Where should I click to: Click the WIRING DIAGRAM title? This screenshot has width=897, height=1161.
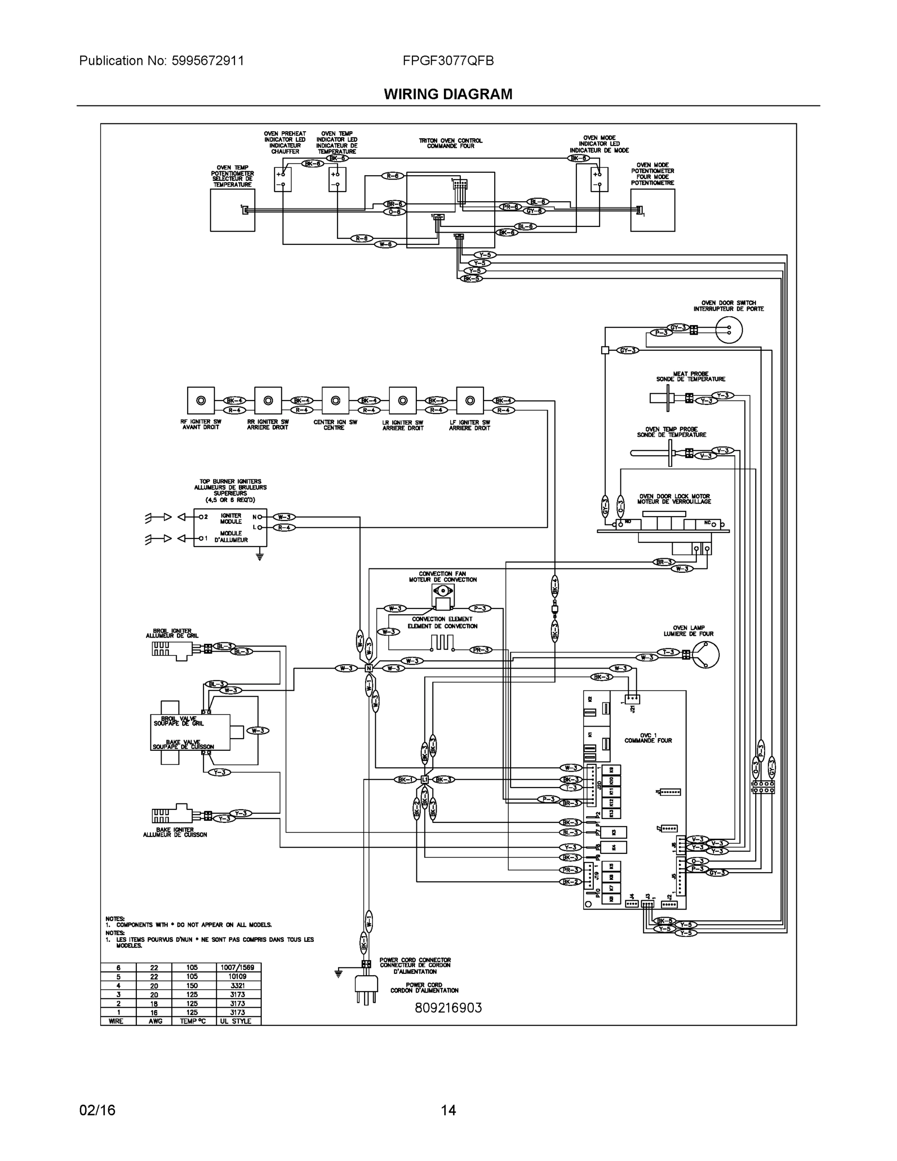(x=448, y=94)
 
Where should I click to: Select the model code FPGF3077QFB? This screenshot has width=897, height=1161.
(x=448, y=60)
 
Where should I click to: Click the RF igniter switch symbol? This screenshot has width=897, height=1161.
(x=201, y=400)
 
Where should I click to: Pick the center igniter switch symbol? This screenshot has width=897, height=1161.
(x=335, y=400)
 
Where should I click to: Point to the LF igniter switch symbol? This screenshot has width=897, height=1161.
(x=470, y=400)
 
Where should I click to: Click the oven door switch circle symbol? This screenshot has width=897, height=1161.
(x=729, y=330)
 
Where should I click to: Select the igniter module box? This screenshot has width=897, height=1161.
(x=230, y=527)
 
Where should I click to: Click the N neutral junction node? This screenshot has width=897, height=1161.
(x=368, y=668)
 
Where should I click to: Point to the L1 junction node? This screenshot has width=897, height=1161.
(x=425, y=779)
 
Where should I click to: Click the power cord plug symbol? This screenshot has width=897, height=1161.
(x=366, y=988)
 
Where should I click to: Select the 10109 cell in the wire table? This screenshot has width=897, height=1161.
(x=237, y=977)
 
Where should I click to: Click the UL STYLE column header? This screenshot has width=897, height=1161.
(x=237, y=1021)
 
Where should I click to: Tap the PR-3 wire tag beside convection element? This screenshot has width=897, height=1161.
(x=480, y=650)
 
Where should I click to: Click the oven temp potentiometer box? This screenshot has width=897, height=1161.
(x=232, y=210)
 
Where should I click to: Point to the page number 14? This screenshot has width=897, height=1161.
(x=448, y=1110)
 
